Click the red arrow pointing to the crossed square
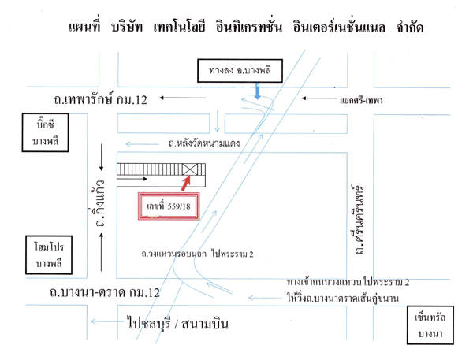(184, 184)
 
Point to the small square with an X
(190, 169)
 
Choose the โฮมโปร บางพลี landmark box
(40, 254)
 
